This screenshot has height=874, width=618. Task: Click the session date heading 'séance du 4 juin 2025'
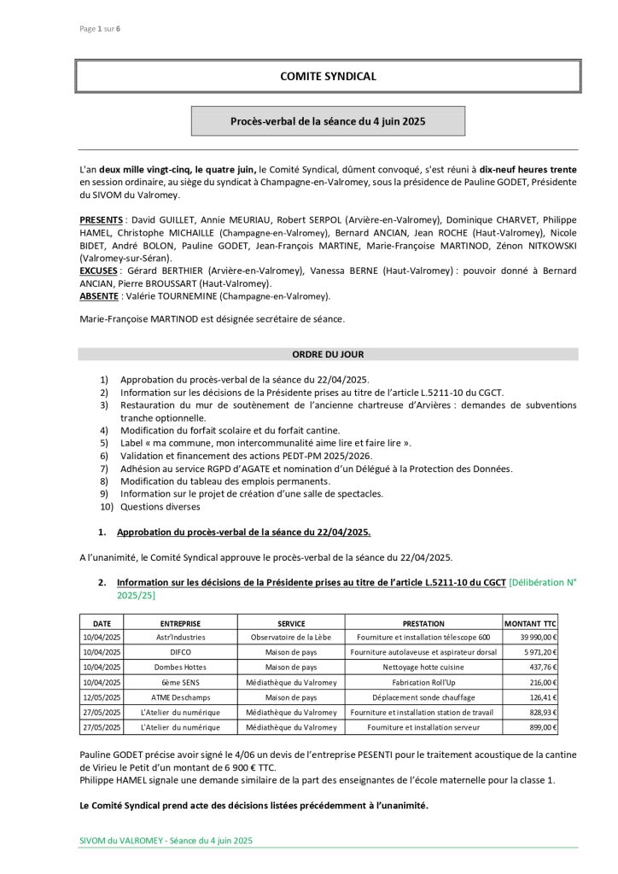pos(328,121)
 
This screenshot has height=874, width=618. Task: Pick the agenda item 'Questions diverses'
pos(160,506)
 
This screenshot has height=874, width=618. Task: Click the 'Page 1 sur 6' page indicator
pos(100,28)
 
